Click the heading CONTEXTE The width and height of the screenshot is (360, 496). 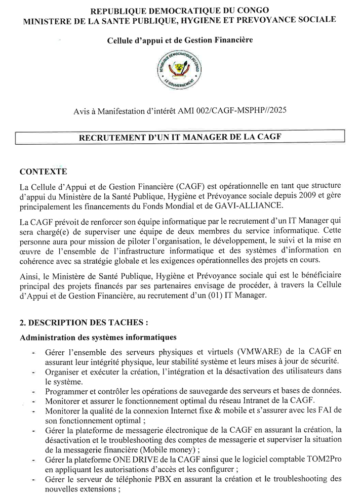coord(43,172)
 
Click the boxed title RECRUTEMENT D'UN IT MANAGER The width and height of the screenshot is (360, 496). coord(180,137)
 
